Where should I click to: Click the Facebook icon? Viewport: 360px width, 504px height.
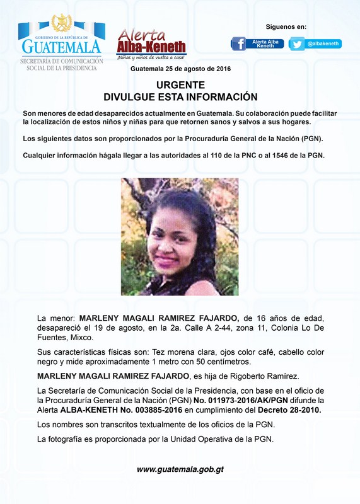click(238, 43)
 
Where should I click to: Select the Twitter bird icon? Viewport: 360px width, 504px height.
click(298, 44)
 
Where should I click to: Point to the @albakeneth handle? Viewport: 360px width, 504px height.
click(323, 43)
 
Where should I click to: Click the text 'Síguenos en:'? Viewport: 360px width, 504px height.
click(286, 26)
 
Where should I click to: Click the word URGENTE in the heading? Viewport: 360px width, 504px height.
click(180, 84)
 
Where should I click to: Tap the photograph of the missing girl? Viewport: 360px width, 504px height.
click(180, 236)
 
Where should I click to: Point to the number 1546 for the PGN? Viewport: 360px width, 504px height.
click(286, 155)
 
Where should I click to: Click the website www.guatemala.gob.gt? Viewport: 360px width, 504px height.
click(180, 469)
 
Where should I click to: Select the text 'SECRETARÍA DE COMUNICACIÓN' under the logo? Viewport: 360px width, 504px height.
click(61, 60)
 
